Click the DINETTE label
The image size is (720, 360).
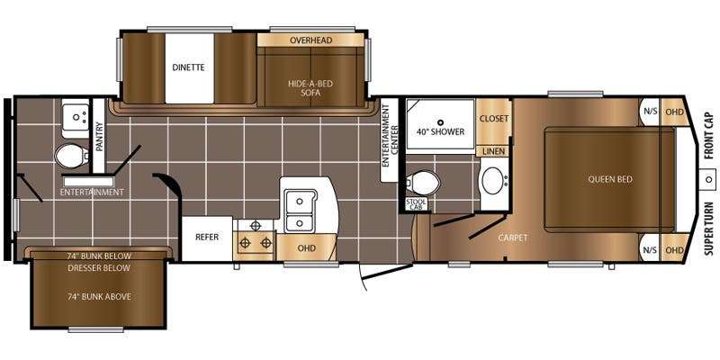click(x=188, y=67)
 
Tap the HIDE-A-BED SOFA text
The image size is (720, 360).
click(x=310, y=88)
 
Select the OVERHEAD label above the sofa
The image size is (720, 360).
click(x=310, y=40)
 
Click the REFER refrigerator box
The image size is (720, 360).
click(x=207, y=238)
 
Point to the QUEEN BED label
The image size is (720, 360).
click(x=610, y=179)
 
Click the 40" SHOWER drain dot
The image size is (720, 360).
click(x=440, y=122)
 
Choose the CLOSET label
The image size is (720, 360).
click(x=493, y=119)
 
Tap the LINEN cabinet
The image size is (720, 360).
click(x=493, y=151)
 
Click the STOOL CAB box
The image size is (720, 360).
click(x=417, y=204)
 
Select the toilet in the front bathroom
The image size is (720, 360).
click(x=423, y=183)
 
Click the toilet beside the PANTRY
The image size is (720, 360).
click(x=71, y=156)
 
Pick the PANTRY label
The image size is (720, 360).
click(x=99, y=137)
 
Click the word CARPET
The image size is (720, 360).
click(x=513, y=238)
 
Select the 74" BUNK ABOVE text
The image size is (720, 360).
click(x=99, y=297)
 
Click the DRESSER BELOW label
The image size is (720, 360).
click(x=99, y=267)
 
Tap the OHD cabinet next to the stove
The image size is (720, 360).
click(x=306, y=248)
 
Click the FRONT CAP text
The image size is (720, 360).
click(x=710, y=136)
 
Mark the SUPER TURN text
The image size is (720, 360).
click(x=710, y=229)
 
